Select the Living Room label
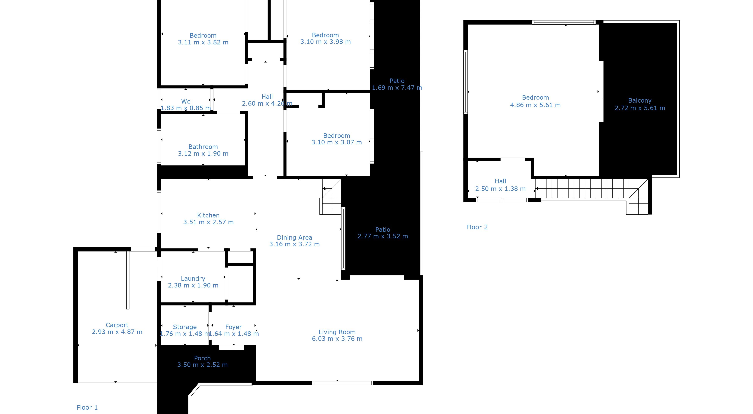coord(337,332)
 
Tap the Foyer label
coord(234,327)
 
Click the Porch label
coord(202,358)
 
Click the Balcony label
coord(640,101)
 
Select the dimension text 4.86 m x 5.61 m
coord(535,105)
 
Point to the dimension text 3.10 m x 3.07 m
coord(336,142)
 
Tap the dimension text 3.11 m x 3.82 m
coord(203,42)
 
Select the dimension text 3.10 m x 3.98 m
coord(325,42)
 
